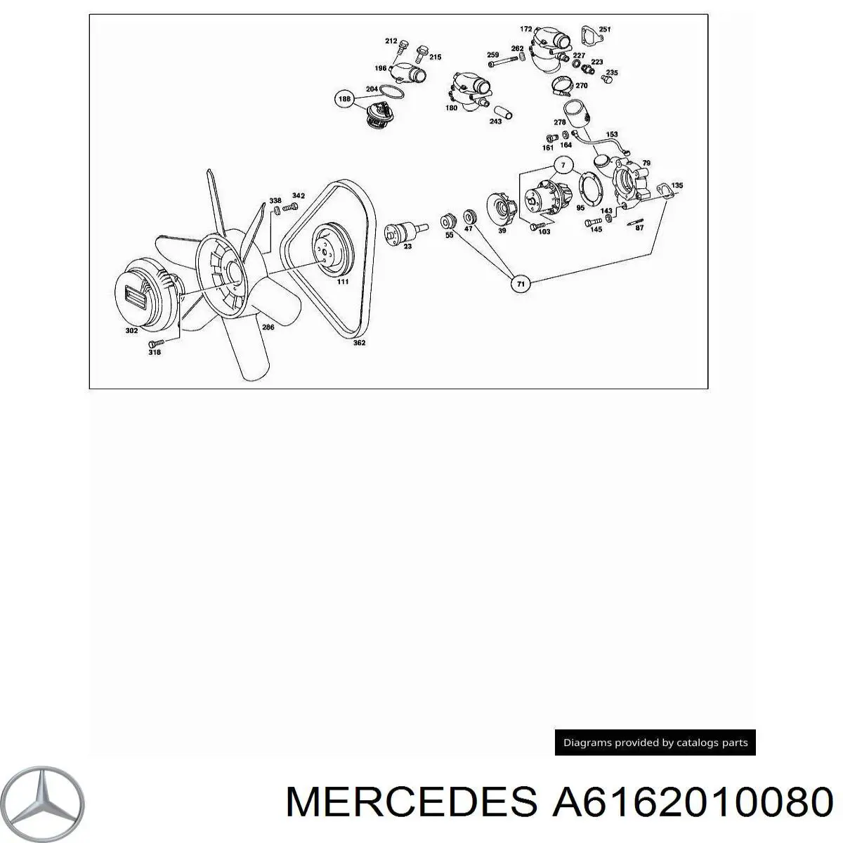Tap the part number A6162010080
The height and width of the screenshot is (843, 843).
coord(693,802)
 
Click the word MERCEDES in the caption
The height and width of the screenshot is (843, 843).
coord(411,802)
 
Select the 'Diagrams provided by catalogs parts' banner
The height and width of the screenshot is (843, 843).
coord(655,743)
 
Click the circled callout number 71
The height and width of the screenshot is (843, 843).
coord(521,284)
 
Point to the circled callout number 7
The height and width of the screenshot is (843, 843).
coord(563,165)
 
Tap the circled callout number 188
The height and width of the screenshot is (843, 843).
coord(344,99)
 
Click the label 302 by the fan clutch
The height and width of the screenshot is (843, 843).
coord(131,331)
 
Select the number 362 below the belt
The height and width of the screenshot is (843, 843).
coord(359,343)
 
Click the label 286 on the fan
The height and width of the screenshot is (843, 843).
coord(268,327)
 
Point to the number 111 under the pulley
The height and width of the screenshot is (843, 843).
coord(343,282)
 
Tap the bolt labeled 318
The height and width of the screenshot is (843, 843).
coord(156,343)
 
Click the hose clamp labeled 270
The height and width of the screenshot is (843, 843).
coord(563,85)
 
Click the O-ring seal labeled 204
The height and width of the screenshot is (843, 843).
coord(391,93)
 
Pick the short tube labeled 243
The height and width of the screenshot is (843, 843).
coord(503,112)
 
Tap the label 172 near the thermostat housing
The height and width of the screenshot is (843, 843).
coord(526,29)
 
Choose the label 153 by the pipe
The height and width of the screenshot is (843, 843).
coord(612,134)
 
